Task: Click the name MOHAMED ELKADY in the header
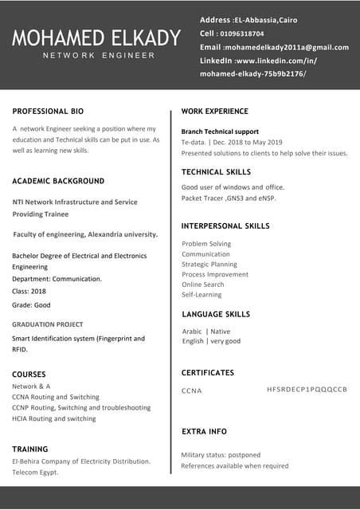(x=96, y=37)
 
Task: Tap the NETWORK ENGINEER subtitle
(x=99, y=55)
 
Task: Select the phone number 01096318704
(x=242, y=33)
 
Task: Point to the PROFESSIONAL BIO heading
(x=48, y=111)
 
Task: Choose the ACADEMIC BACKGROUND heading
(x=58, y=181)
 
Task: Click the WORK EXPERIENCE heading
(x=215, y=111)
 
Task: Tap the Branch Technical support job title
(x=220, y=131)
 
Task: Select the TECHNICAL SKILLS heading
(x=216, y=171)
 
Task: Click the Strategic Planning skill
(x=209, y=264)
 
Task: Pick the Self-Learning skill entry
(x=202, y=295)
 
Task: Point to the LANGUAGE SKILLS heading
(x=216, y=314)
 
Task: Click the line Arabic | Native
(x=206, y=331)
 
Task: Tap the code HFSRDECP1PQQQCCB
(x=307, y=389)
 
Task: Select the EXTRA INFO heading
(x=204, y=431)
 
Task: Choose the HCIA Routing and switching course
(x=54, y=418)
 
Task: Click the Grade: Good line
(x=31, y=305)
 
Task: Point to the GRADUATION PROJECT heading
(x=48, y=324)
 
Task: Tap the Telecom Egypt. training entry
(x=35, y=473)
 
